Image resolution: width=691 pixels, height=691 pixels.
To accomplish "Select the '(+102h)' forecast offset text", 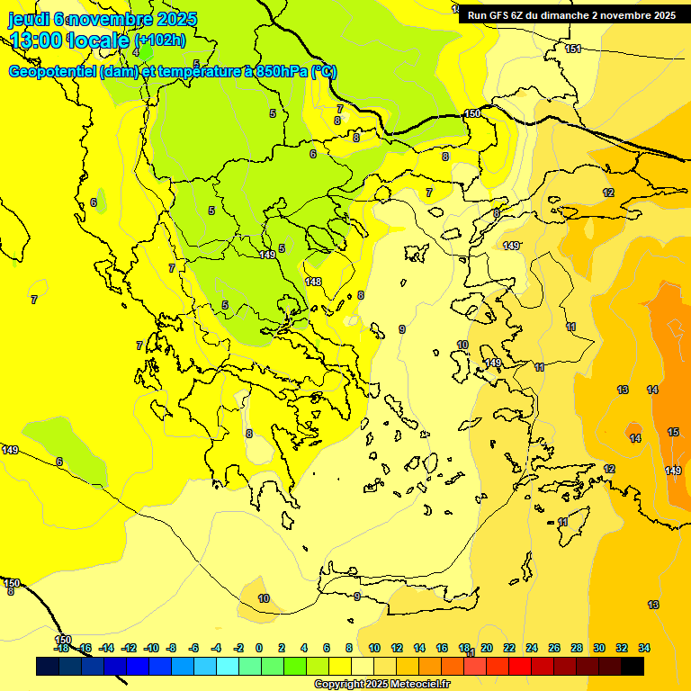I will pos(159,40).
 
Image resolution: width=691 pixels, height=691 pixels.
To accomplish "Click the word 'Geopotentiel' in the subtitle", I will pos(52,72).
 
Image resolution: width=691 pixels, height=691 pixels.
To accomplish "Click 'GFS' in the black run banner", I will pos(499,15).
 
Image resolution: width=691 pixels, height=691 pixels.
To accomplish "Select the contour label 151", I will pos(573,49).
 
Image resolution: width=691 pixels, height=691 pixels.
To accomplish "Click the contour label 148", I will pos(313,282).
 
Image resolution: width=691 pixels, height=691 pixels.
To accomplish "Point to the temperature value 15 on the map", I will pos(673,433).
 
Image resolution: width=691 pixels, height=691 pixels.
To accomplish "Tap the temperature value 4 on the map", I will pos(136,52).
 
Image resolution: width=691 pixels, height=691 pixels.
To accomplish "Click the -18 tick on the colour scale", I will pos(61,648).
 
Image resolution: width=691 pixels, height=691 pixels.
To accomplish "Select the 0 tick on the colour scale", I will pos(259,648).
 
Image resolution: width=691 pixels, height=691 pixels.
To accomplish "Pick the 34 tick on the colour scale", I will pos(644,648).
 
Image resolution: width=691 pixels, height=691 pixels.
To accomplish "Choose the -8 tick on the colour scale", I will pos(171,648).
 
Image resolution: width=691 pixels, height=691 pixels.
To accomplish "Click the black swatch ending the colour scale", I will pos(633,666).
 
